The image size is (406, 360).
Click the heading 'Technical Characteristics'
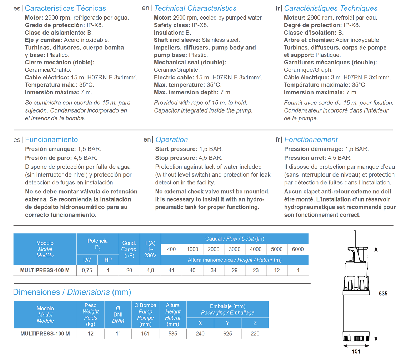(195, 8)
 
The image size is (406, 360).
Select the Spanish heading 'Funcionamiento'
(51, 139)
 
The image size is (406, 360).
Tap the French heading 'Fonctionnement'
(311, 139)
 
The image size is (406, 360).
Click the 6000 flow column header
(298, 249)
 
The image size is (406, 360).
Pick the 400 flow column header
(171, 249)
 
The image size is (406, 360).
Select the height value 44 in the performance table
(171, 270)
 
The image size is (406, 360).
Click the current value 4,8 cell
(150, 270)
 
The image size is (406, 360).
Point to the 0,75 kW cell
(87, 270)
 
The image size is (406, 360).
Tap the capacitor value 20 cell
(129, 270)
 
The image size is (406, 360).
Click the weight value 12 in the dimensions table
(91, 334)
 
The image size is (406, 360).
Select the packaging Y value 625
(227, 334)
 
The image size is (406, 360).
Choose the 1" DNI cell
(118, 334)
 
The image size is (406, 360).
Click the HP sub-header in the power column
(108, 260)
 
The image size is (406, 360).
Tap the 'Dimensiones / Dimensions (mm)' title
(72, 292)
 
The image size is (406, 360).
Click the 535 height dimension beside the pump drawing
(383, 294)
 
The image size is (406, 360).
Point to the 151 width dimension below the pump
(356, 351)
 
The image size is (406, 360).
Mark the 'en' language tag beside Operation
(147, 139)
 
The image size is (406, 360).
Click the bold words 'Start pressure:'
(176, 149)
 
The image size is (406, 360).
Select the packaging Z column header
(255, 323)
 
